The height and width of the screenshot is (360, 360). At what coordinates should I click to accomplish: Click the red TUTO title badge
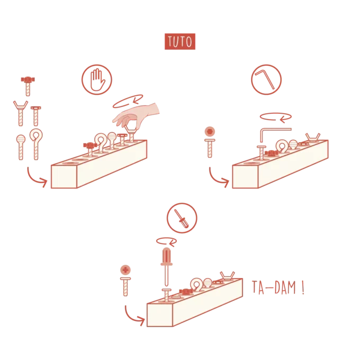(x=180, y=41)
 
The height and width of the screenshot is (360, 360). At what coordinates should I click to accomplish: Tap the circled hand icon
(x=97, y=79)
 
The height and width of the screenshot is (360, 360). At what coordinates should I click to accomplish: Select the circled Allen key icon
(x=266, y=79)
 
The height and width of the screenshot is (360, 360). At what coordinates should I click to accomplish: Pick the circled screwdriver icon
(x=182, y=218)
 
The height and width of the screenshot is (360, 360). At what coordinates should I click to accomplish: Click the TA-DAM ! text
(x=278, y=287)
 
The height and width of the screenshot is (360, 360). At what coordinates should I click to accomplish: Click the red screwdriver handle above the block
(x=166, y=256)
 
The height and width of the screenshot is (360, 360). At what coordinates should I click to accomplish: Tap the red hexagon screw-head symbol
(x=210, y=132)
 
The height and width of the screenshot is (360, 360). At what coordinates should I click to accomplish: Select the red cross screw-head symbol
(x=125, y=270)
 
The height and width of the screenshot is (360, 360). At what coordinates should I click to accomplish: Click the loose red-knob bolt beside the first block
(x=28, y=86)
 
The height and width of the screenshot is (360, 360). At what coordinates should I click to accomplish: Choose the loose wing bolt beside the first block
(x=21, y=113)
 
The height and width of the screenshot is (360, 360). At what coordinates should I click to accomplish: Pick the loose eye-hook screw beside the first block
(x=36, y=144)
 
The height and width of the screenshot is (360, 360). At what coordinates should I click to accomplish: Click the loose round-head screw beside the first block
(x=21, y=147)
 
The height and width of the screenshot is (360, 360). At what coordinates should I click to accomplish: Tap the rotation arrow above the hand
(x=128, y=102)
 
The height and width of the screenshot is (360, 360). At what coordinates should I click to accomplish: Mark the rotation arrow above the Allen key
(x=276, y=117)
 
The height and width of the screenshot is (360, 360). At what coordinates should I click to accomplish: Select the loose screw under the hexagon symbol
(x=210, y=148)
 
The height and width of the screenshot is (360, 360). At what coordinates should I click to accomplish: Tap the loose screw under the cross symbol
(x=125, y=287)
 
